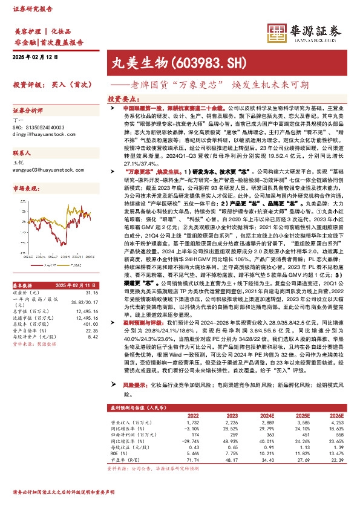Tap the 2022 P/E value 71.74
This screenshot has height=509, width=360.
192,443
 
